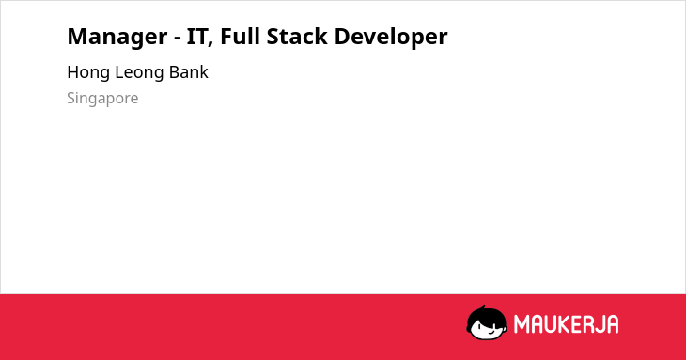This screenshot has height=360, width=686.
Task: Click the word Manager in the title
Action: [117, 37]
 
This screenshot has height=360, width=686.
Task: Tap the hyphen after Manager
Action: [178, 38]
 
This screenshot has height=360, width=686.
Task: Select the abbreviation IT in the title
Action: [196, 37]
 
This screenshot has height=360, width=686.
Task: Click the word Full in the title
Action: [241, 36]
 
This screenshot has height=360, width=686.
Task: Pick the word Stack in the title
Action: [297, 36]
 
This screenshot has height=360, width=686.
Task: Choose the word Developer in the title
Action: [391, 37]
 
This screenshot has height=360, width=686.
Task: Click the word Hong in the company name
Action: [88, 72]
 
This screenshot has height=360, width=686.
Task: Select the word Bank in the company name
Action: [189, 72]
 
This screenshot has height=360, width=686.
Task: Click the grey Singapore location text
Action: [102, 99]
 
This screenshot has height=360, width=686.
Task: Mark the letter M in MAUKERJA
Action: [522, 324]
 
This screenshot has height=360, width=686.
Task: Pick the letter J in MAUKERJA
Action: [597, 324]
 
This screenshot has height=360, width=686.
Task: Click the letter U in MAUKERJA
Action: [551, 324]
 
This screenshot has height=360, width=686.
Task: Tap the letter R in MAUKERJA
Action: [586, 324]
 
